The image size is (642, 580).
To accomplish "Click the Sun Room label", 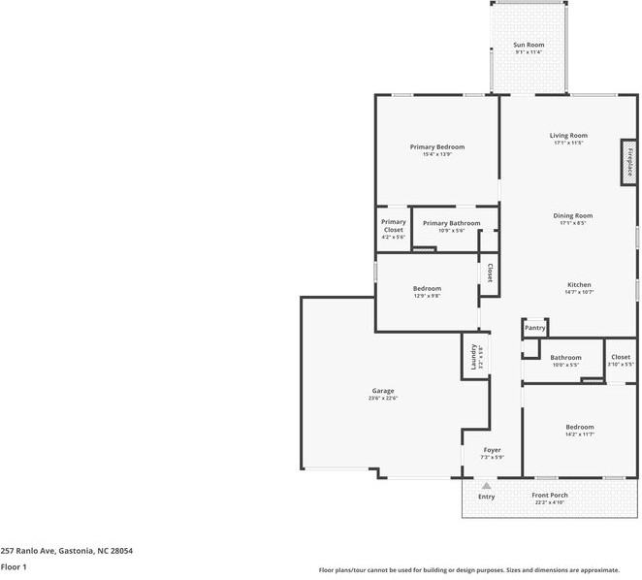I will (529, 46).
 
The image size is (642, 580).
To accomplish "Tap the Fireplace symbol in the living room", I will (628, 161).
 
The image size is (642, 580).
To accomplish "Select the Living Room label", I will (568, 135).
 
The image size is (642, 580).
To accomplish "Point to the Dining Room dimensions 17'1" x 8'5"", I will (572, 223).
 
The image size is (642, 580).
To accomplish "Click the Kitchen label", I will (579, 284).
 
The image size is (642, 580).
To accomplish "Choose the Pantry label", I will (535, 328).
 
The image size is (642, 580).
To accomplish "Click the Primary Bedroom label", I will (436, 146).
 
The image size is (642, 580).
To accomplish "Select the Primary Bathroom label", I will (451, 223).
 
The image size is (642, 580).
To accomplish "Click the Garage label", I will (382, 391).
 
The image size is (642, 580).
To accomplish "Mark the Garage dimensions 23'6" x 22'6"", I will (382, 399).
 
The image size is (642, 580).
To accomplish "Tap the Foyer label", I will (493, 450).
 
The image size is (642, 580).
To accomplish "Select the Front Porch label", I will (550, 496).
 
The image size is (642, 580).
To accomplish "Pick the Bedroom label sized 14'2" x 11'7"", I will (580, 427).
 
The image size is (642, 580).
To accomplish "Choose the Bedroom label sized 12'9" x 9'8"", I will (427, 288).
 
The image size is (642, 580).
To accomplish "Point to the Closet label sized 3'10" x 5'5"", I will (621, 357).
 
